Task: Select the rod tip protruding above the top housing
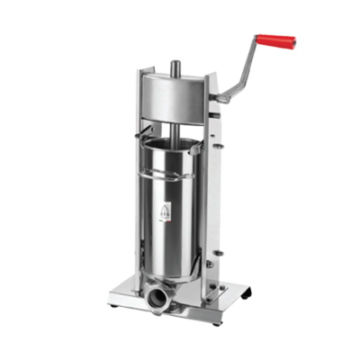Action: point(174,65)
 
